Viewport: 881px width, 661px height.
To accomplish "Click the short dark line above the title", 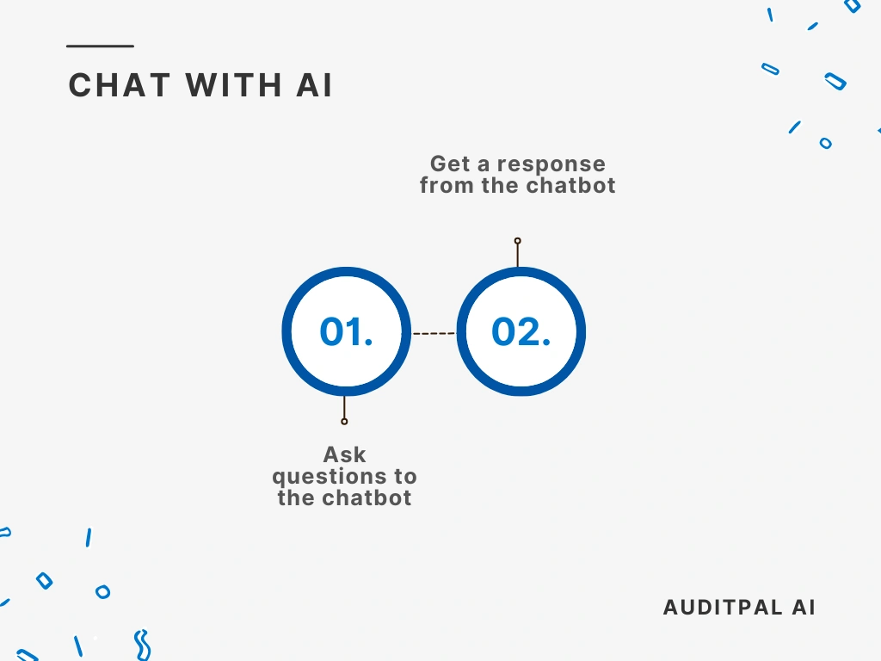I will pyautogui.click(x=101, y=46).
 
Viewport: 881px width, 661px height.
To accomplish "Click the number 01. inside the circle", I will pyautogui.click(x=346, y=332).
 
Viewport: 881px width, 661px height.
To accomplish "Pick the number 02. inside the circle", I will pyautogui.click(x=521, y=332).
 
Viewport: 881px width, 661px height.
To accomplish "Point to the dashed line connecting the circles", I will pyautogui.click(x=434, y=333).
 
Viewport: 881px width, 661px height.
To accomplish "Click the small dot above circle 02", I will pyautogui.click(x=517, y=241).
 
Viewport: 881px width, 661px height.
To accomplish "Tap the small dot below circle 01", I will pyautogui.click(x=344, y=421).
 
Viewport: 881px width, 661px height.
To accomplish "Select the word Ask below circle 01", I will pyautogui.click(x=344, y=454).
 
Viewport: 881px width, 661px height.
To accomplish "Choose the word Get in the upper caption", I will pyautogui.click(x=451, y=164).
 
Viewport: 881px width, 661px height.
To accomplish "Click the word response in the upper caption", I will pyautogui.click(x=551, y=164).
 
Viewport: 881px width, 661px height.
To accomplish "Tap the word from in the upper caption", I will pyautogui.click(x=446, y=185).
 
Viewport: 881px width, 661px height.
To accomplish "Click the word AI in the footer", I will pyautogui.click(x=803, y=608).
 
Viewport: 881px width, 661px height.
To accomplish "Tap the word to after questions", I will pyautogui.click(x=405, y=477).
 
